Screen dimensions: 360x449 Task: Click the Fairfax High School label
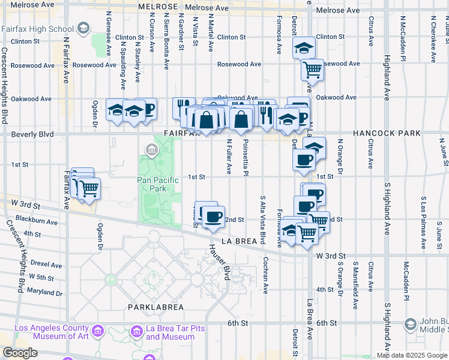pyautogui.click(x=37, y=28)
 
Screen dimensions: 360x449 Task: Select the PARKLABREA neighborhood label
pyautogui.click(x=155, y=307)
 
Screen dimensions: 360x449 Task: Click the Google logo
pyautogui.click(x=20, y=353)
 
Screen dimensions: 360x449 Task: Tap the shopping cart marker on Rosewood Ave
pyautogui.click(x=312, y=70)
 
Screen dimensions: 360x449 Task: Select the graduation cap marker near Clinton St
pyautogui.click(x=304, y=49)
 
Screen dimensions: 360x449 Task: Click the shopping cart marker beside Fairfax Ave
pyautogui.click(x=89, y=188)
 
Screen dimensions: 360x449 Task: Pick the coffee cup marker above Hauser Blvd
pyautogui.click(x=212, y=216)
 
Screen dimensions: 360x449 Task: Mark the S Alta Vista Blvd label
pyautogui.click(x=263, y=219)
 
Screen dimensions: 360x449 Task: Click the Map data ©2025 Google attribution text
pyautogui.click(x=412, y=355)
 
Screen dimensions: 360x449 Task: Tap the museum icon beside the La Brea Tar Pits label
pyautogui.click(x=136, y=331)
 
